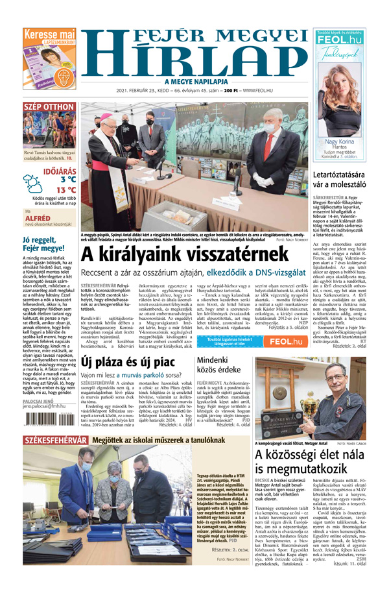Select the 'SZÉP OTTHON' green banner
pos(49,107)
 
